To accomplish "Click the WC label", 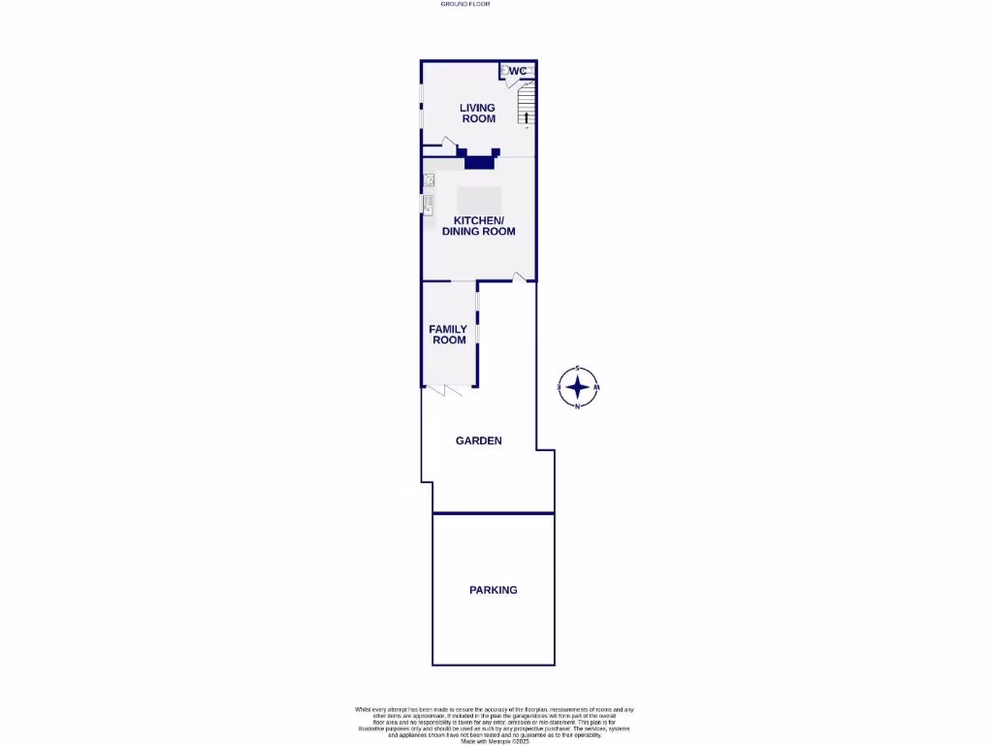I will [x=519, y=71].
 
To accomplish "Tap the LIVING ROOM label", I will [x=478, y=113].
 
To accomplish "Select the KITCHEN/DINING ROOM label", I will [x=478, y=226].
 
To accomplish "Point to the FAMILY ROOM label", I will [x=449, y=335].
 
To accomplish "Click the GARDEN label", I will [x=479, y=440].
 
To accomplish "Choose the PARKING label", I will [x=494, y=590].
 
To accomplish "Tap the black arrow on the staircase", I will [x=527, y=118].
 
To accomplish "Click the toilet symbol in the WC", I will [x=505, y=71].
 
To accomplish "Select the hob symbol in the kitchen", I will [x=429, y=179].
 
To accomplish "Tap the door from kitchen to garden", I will [x=520, y=278].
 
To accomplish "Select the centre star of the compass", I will [x=578, y=387].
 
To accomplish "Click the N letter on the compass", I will [x=578, y=406].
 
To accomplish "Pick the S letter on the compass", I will [x=578, y=369].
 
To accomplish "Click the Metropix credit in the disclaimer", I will [x=496, y=738].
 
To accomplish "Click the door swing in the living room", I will [x=448, y=144].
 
